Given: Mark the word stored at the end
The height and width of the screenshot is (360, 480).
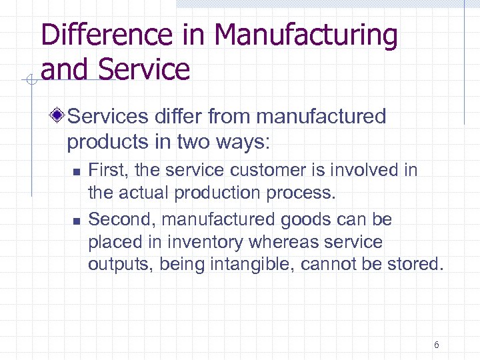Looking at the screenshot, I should (415, 265).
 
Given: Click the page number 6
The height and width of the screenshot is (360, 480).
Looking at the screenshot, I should (436, 345).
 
